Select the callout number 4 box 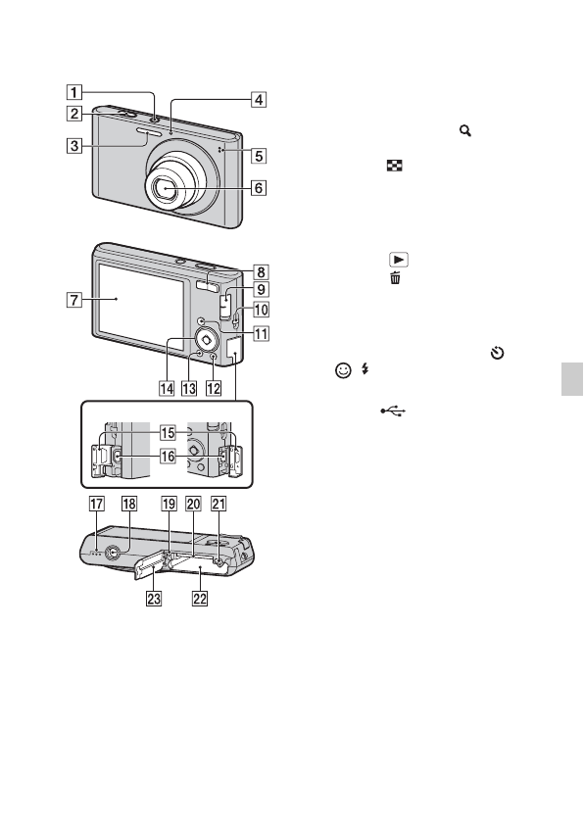[x=258, y=98]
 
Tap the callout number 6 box [x=258, y=188]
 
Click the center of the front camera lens [x=169, y=186]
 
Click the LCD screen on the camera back [x=139, y=299]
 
